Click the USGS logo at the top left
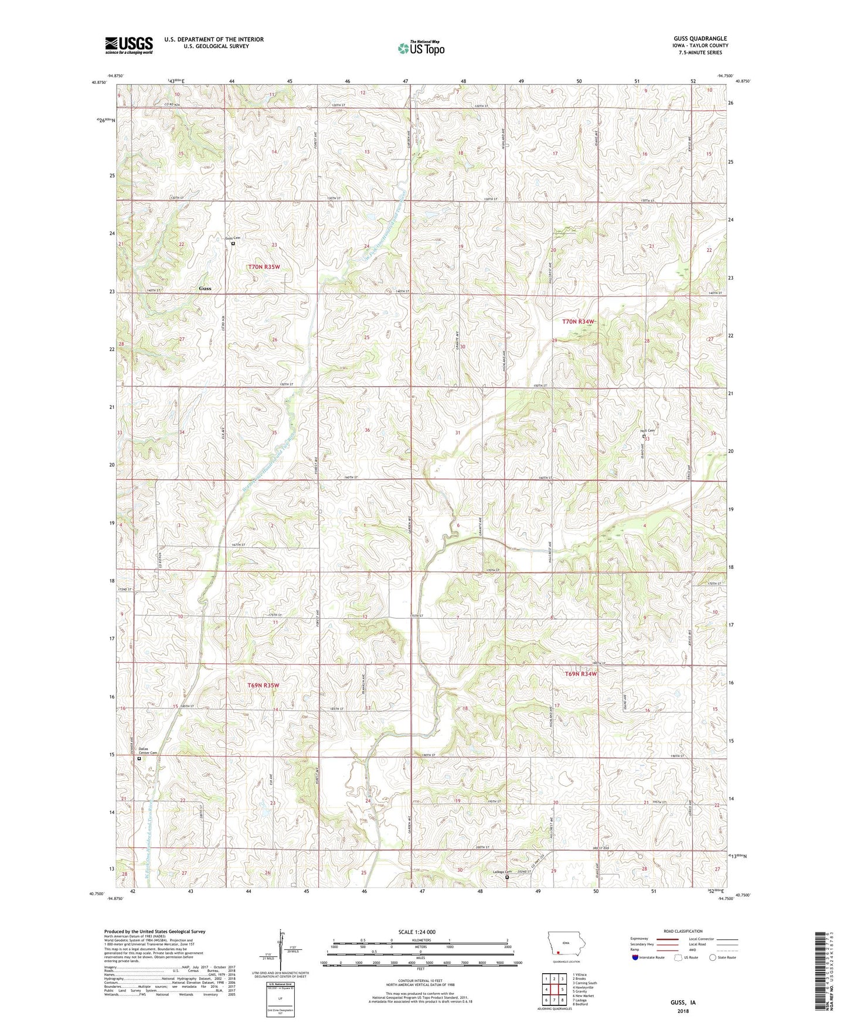(x=129, y=45)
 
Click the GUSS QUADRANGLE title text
(x=700, y=39)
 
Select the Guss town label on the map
(x=205, y=288)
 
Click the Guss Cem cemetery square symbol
(x=233, y=244)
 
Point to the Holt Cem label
(x=647, y=431)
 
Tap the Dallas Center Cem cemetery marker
(x=139, y=758)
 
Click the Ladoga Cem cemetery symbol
(x=507, y=878)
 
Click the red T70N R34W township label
(x=578, y=322)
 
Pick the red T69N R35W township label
(x=263, y=684)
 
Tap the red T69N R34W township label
(x=580, y=674)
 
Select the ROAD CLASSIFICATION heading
(x=683, y=931)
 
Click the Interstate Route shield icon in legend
(x=635, y=957)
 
